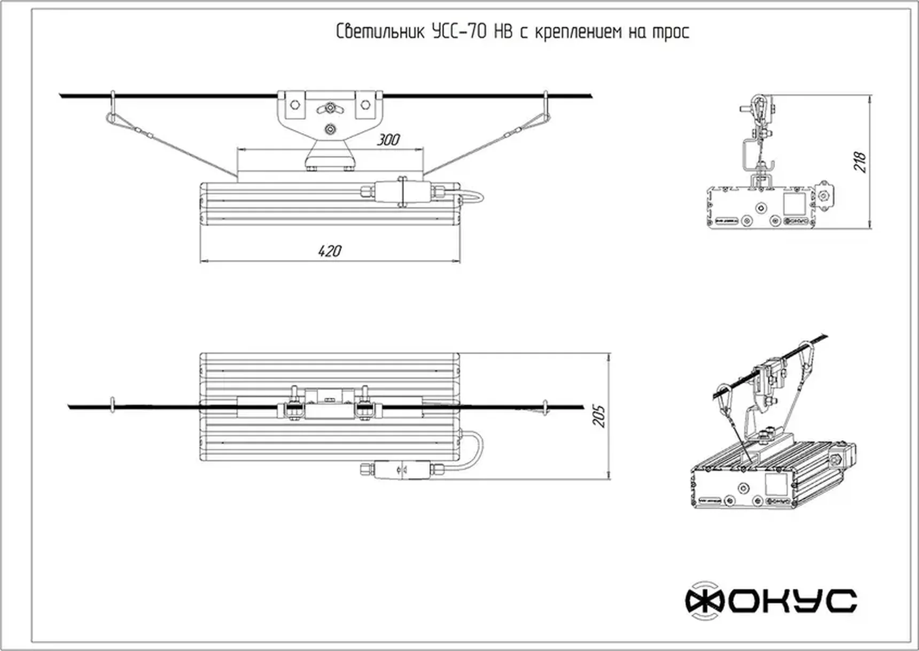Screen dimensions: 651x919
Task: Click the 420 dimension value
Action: point(329,251)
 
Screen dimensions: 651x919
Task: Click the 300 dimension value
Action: point(388,140)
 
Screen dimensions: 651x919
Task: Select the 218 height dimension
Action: point(860,162)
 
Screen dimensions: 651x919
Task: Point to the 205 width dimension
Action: point(600,416)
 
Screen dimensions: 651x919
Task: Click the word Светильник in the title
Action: point(380,32)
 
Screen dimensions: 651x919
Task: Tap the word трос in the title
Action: point(671,32)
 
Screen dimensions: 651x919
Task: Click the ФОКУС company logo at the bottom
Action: point(771,601)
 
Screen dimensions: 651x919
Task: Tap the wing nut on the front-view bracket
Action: point(330,109)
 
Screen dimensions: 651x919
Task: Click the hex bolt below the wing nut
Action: point(331,128)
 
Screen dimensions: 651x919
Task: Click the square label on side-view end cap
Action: point(794,203)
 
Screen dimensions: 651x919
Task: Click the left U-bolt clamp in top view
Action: point(291,410)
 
